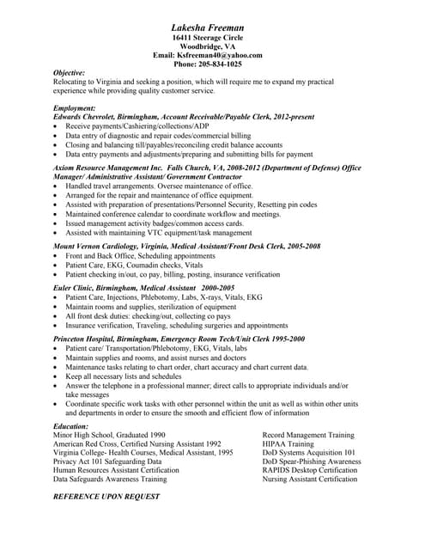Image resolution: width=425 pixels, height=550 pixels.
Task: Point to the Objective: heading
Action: tap(70, 73)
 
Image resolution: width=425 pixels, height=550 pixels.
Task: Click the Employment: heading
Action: tap(75, 107)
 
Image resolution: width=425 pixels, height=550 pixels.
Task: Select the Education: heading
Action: tap(70, 426)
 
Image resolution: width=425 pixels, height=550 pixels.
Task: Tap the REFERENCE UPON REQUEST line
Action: tap(106, 497)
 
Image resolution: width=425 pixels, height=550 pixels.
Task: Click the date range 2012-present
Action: tap(288, 116)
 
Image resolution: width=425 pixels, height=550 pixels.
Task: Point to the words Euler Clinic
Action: tap(76, 287)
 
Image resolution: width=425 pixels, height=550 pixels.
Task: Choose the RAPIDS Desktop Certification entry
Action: tap(309, 470)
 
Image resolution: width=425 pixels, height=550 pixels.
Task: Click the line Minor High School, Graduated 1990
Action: tap(109, 435)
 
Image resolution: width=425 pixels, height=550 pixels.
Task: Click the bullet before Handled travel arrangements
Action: tap(57, 186)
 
